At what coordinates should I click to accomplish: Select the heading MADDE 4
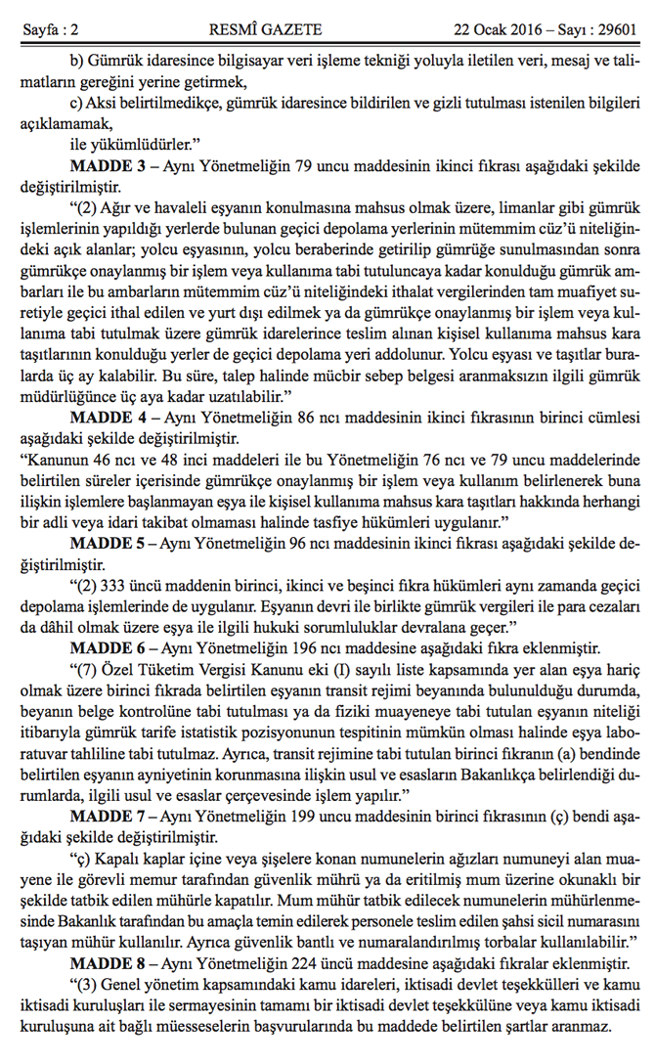click(107, 415)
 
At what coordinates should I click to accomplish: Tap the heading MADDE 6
click(107, 647)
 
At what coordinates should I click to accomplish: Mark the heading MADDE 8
click(107, 964)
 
